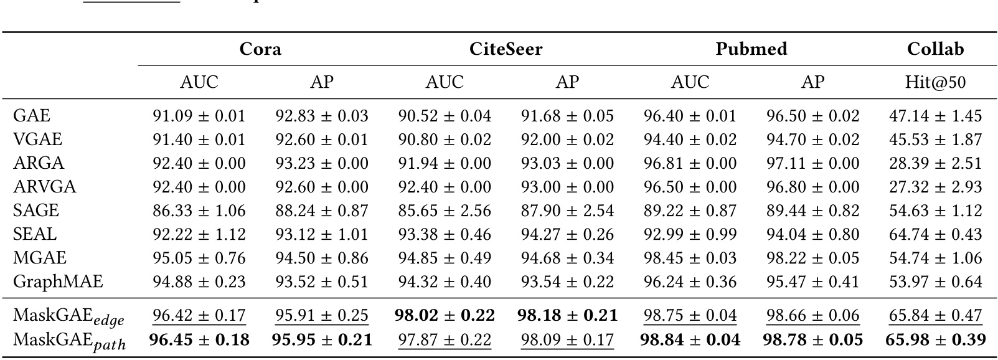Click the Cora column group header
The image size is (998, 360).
click(x=260, y=49)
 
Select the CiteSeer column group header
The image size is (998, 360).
click(x=506, y=49)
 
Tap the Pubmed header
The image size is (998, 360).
click(x=751, y=49)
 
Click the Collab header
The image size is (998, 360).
click(x=935, y=49)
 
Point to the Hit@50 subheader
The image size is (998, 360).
click(x=935, y=82)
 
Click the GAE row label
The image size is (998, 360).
click(x=32, y=116)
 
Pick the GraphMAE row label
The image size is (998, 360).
click(x=58, y=282)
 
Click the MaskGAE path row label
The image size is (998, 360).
click(x=69, y=341)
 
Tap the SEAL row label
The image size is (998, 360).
click(x=35, y=234)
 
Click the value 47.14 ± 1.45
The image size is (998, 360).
click(x=935, y=116)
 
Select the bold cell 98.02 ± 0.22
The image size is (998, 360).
click(x=445, y=315)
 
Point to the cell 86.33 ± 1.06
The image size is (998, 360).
click(x=199, y=211)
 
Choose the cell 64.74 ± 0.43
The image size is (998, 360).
click(x=935, y=234)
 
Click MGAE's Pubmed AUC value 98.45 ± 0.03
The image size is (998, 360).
click(x=690, y=258)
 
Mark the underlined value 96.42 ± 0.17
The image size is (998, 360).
click(x=199, y=315)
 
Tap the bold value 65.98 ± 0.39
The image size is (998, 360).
click(x=935, y=340)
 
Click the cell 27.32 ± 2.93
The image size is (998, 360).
click(x=935, y=187)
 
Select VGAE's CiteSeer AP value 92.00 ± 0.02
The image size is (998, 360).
click(x=567, y=140)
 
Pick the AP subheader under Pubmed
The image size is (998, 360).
click(x=812, y=82)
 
